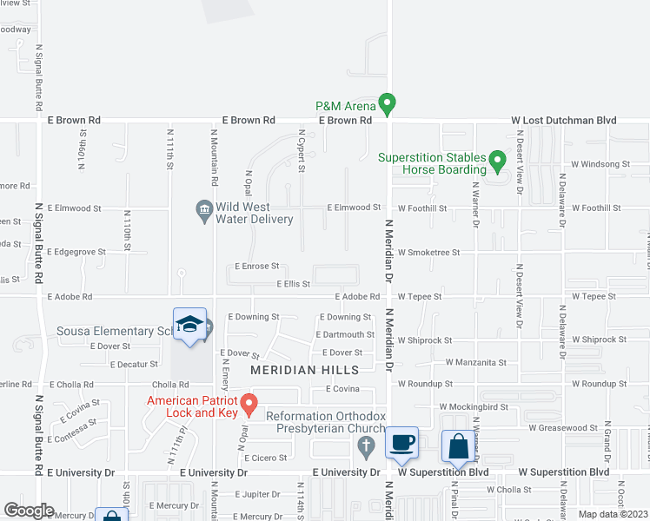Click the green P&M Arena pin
point(388,104)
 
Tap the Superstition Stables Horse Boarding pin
point(496,161)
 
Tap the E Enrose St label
point(256,267)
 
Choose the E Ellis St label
point(293,284)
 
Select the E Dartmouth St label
point(346,334)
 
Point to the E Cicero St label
point(265,458)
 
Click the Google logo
point(29,511)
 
